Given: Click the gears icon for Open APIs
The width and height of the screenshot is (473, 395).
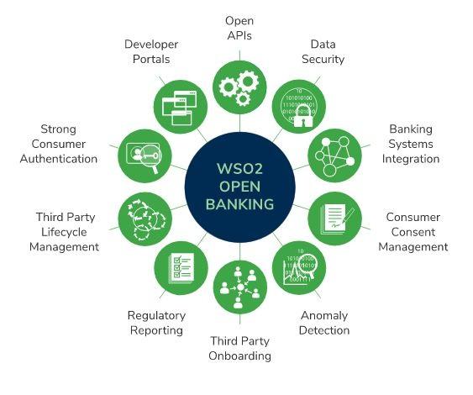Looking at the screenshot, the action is (239, 87).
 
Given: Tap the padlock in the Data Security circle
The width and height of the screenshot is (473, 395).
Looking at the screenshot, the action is (302, 116).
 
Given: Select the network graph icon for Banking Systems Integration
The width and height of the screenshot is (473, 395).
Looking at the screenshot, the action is (335, 156).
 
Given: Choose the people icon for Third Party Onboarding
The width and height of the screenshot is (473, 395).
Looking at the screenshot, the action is (239, 287).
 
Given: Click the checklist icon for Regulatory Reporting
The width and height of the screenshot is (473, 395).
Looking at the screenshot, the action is (181, 268).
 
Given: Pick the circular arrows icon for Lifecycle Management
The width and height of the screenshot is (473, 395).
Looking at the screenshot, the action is (145, 219).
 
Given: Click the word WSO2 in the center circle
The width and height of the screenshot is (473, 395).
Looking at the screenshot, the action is (239, 169).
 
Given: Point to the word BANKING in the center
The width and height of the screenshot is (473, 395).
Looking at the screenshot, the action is (239, 204).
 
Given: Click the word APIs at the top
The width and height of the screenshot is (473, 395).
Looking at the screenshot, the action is (239, 35).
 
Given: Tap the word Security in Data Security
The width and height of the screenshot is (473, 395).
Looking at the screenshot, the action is (323, 60).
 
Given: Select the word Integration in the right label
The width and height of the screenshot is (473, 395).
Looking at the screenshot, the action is (411, 159).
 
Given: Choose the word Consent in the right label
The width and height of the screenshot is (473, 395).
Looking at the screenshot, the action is (413, 232).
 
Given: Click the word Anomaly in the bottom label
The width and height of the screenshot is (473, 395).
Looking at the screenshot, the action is (324, 316).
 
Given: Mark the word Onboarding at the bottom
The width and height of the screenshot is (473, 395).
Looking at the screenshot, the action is (239, 356).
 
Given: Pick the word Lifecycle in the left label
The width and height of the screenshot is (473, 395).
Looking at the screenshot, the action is (64, 232).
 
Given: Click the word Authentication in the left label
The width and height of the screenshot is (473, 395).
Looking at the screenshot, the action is (59, 159).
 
